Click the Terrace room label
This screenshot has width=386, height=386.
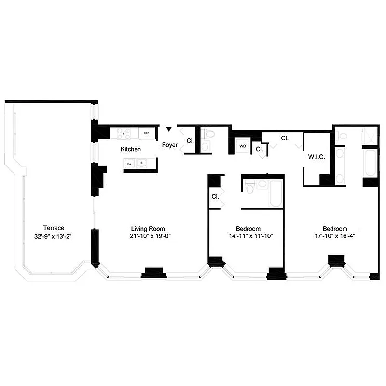(x=54, y=228)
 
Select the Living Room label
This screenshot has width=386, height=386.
(x=148, y=228)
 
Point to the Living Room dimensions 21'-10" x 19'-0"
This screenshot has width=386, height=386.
(x=148, y=236)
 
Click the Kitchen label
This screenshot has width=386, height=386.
(x=131, y=149)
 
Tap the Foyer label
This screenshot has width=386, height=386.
(x=169, y=144)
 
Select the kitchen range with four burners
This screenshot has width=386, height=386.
(x=124, y=134)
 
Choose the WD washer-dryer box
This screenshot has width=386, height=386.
(x=243, y=145)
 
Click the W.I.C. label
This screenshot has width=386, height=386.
(x=316, y=157)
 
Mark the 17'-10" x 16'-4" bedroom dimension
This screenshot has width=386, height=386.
(x=335, y=236)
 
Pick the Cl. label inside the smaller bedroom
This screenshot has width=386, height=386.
(x=215, y=196)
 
